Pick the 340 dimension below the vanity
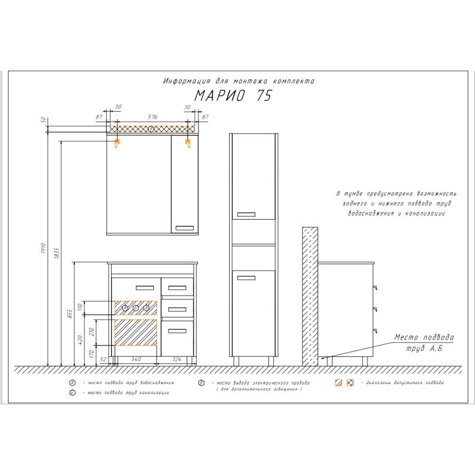coord(136,360)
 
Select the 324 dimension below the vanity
coord(176,360)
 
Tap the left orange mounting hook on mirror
coord(117,142)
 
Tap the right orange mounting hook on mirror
coord(188,142)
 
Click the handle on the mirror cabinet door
coord(185,227)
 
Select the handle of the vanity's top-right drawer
coord(177,289)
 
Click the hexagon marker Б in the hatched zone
coord(135,308)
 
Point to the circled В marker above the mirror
coord(151,128)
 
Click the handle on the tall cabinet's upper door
coord(245,213)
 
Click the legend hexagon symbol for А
coord(72,382)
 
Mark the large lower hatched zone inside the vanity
coord(135,332)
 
